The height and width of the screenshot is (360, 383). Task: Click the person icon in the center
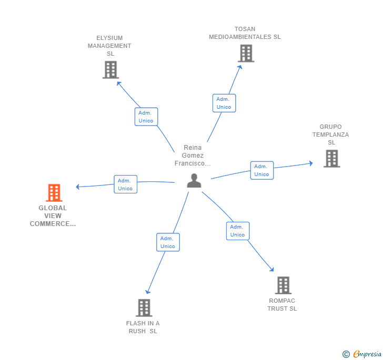pos(194,180)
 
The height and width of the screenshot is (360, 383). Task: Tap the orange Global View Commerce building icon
pos(54,193)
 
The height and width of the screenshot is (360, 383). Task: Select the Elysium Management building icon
pos(110,69)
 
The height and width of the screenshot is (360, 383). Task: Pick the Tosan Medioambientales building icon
pos(246,53)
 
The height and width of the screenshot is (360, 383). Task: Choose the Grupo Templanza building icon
pos(331,158)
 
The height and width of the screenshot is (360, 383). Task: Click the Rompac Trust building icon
pos(283,285)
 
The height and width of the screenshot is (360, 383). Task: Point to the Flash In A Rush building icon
pos(144,307)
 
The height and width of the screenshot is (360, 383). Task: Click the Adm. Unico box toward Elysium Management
pos(146,117)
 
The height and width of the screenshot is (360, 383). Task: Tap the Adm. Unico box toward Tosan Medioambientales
pos(224,103)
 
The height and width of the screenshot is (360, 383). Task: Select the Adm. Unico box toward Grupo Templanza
pos(261,170)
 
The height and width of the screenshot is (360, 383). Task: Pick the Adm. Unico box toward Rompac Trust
pos(237,231)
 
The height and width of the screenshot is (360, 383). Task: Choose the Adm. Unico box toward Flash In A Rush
pos(168,242)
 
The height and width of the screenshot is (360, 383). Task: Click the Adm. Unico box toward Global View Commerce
pos(125,184)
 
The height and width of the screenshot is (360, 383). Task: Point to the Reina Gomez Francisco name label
pos(193,156)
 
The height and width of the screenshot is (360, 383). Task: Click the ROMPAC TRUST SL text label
pos(282,305)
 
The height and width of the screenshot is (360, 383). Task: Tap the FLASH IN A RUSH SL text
pos(143,327)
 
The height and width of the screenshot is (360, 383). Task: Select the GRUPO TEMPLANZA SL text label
pos(330,135)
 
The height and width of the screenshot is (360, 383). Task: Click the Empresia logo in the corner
pos(362,354)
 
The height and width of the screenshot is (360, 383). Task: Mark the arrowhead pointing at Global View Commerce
pos(78,187)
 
